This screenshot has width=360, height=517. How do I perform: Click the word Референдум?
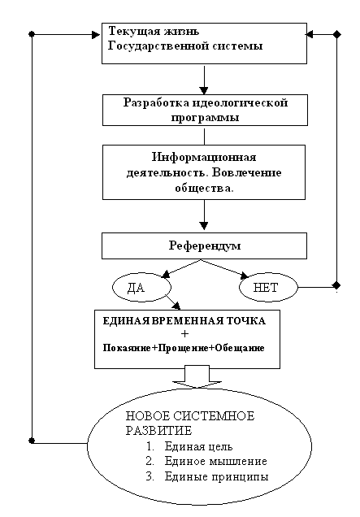(205, 246)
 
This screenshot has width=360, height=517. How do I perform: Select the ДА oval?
(141, 287)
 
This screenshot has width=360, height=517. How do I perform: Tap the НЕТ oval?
(268, 287)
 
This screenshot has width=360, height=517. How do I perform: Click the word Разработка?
(156, 102)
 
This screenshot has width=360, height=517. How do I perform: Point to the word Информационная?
(204, 157)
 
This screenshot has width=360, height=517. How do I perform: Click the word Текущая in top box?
(129, 32)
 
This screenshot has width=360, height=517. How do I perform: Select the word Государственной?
(158, 46)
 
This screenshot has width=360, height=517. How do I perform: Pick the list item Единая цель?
(198, 446)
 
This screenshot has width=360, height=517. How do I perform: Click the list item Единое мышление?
(215, 461)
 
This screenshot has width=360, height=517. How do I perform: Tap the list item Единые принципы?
(216, 476)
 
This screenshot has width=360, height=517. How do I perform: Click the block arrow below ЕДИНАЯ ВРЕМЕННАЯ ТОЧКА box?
(197, 376)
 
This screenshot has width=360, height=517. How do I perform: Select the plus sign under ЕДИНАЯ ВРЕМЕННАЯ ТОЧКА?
(185, 334)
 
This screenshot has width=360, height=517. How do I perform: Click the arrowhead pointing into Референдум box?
(204, 225)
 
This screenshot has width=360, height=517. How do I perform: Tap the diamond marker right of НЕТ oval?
(336, 285)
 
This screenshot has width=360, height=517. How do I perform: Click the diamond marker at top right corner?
(336, 34)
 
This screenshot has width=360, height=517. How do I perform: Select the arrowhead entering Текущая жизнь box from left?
(96, 34)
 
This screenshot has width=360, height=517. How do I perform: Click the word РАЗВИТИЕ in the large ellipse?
(158, 431)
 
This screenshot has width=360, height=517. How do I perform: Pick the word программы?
(205, 118)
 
